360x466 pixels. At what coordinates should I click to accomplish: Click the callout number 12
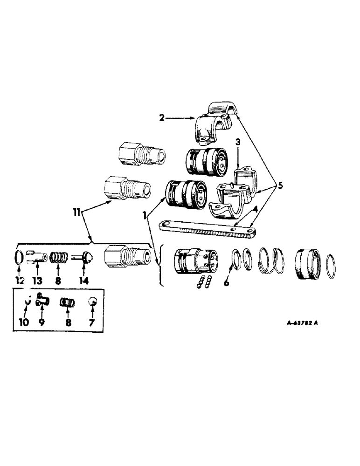click(20, 281)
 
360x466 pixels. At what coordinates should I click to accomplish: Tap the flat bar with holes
click(208, 228)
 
